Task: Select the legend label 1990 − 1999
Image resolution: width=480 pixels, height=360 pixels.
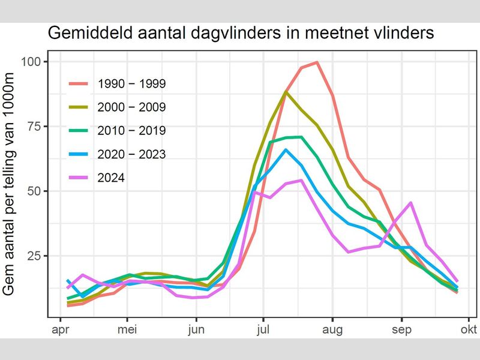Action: pyautogui.click(x=131, y=83)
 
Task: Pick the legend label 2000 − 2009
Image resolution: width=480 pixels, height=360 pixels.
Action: pyautogui.click(x=131, y=107)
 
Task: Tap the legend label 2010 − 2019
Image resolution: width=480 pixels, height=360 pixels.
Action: pyautogui.click(x=131, y=130)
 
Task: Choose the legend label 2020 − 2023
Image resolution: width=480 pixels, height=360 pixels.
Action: pyautogui.click(x=131, y=154)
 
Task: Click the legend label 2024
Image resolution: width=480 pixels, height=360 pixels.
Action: pyautogui.click(x=111, y=178)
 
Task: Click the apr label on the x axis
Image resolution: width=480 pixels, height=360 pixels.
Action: pyautogui.click(x=59, y=329)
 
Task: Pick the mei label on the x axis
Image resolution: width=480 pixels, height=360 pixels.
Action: pyautogui.click(x=127, y=329)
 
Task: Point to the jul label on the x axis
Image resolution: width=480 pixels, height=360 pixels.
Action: pyautogui.click(x=263, y=329)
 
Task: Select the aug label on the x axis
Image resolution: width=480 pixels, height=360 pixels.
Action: pyautogui.click(x=332, y=329)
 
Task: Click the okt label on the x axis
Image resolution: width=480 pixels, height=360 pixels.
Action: pyautogui.click(x=469, y=329)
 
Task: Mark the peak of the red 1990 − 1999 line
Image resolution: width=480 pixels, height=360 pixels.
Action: pyautogui.click(x=316, y=62)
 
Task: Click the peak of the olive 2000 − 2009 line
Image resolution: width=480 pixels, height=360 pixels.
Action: pyautogui.click(x=286, y=92)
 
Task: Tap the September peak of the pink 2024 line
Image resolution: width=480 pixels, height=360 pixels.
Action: pyautogui.click(x=411, y=203)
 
